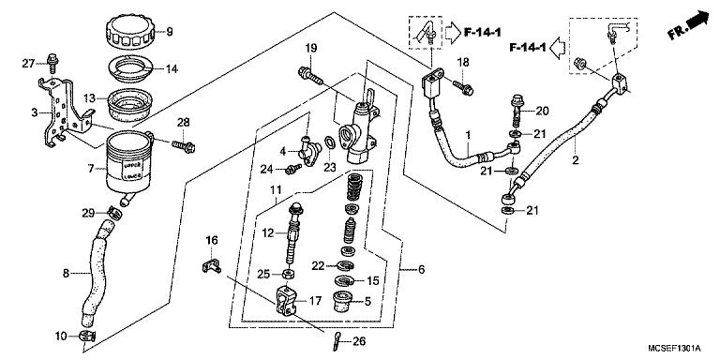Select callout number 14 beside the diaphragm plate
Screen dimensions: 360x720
tap(171, 69)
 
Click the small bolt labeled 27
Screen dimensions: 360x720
tap(51, 64)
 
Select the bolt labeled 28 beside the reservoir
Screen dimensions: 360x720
tap(183, 144)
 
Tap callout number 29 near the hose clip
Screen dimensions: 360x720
tap(87, 214)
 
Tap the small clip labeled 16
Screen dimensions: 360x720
tap(212, 267)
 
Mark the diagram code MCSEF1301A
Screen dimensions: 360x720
tap(670, 350)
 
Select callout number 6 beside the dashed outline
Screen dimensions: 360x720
tap(421, 269)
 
